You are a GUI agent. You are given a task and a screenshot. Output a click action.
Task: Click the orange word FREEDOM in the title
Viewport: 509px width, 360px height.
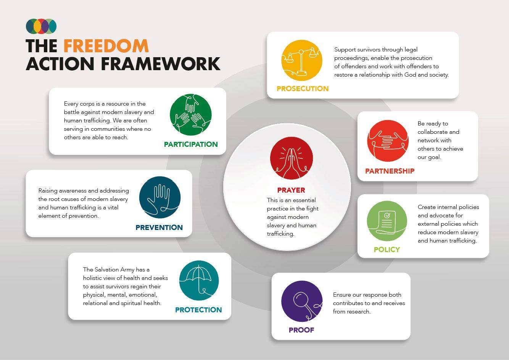pos(106,46)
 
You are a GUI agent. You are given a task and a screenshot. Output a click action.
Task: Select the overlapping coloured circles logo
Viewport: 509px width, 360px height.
pos(41,26)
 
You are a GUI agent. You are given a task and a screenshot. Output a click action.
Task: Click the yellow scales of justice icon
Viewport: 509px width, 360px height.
pos(302,60)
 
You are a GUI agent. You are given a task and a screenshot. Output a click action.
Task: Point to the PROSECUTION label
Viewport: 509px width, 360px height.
pos(303,88)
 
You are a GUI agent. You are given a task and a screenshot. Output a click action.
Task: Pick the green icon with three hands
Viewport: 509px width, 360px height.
pos(191,115)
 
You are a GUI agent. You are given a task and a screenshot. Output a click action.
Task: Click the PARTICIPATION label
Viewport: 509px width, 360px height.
pos(191,144)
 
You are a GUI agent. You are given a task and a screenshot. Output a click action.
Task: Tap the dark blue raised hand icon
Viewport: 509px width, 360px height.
pos(160,197)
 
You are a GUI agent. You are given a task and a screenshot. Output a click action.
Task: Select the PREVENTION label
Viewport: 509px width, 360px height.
pos(159,227)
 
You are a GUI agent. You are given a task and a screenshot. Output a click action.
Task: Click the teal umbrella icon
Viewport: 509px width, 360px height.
pos(199,280)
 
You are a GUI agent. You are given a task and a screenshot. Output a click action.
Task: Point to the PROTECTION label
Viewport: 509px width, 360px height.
pos(198,310)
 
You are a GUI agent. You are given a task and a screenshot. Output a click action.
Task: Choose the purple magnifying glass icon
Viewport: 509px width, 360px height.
pos(302,301)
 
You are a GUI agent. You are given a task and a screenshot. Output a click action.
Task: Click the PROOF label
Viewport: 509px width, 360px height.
pos(301,330)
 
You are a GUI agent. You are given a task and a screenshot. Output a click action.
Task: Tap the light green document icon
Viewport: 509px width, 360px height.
pos(387,221)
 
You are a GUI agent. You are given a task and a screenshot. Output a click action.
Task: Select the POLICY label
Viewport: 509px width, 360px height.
pos(387,250)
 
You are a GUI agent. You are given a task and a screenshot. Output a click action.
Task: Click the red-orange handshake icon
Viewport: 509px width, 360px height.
pos(388,141)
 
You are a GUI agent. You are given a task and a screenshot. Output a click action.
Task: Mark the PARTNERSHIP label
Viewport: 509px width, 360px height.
pos(390,171)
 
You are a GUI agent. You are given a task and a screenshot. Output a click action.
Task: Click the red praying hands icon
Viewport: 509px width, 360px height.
pos(291,158)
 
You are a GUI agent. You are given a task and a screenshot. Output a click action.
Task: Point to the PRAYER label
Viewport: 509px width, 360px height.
pos(291,190)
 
